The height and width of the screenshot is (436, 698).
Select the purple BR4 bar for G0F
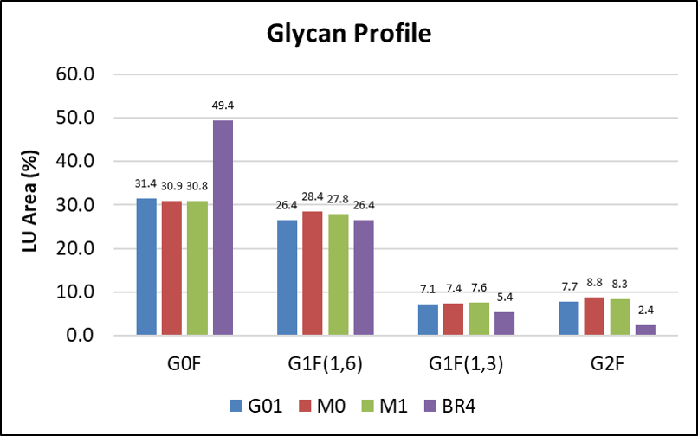point(223,228)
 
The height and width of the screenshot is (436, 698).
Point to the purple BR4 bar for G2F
point(645,330)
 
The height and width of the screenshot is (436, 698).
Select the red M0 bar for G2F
point(594,316)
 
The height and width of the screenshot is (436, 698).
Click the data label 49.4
point(223,106)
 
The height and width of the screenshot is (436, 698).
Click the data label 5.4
point(505,297)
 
